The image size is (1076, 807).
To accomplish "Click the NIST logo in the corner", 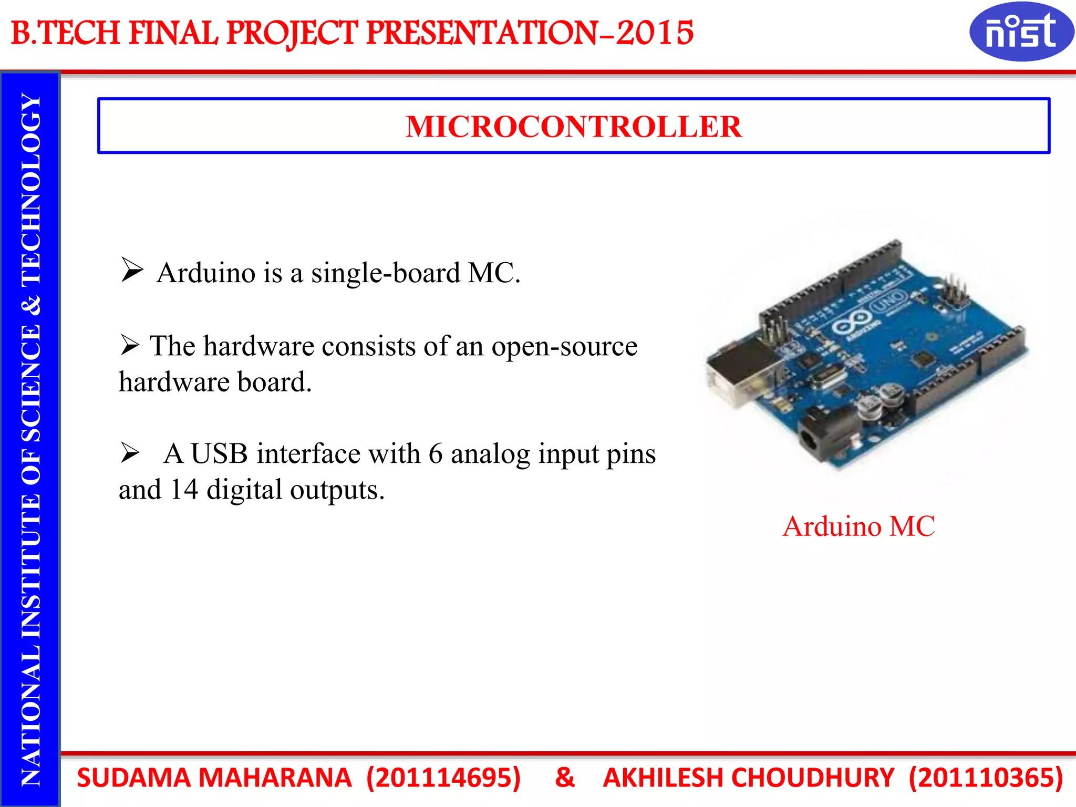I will [1021, 32].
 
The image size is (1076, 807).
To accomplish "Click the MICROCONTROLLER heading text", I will [573, 127].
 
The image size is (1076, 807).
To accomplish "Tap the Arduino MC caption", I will [858, 526].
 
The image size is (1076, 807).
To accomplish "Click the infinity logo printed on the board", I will [852, 321].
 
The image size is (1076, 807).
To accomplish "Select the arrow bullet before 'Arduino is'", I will [132, 270].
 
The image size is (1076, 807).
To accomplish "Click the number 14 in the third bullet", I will [184, 490].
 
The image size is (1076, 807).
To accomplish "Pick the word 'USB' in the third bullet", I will [219, 453].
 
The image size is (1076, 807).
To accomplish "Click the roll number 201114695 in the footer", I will [443, 778].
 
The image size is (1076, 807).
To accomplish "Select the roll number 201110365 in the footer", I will [986, 778].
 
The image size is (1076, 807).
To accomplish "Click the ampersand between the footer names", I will [565, 778].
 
